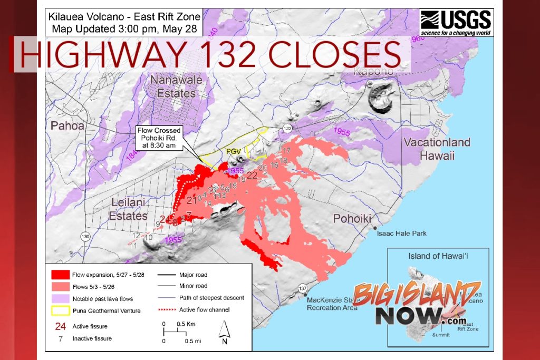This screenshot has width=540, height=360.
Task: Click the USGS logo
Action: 456,23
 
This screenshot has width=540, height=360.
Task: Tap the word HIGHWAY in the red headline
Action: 100,55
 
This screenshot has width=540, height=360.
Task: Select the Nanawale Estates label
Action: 172,87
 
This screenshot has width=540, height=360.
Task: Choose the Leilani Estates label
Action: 128,209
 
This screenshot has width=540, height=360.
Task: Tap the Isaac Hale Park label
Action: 402,233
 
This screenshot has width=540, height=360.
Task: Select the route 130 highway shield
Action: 85,237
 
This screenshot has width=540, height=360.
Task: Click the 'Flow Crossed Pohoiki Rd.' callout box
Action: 159,138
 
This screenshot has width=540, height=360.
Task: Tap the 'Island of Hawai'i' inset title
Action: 438,257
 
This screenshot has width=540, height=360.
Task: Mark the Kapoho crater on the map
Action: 380,98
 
